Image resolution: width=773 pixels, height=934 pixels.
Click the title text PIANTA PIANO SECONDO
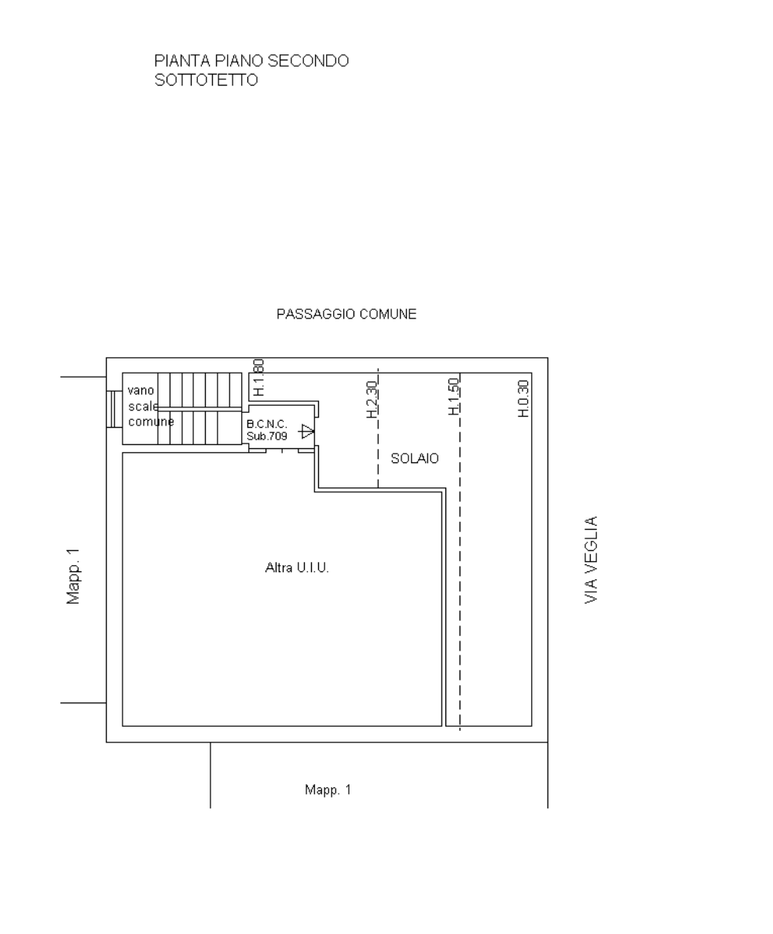251,60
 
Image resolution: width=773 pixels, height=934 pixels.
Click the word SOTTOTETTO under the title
207,80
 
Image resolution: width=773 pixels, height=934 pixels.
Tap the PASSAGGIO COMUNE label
346,314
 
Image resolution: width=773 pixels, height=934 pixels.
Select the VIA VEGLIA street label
591,560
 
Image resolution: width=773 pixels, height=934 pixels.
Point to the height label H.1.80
258,378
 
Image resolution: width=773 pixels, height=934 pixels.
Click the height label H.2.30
372,399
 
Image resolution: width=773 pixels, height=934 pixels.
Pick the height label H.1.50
454,396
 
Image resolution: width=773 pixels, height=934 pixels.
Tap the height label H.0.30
524,399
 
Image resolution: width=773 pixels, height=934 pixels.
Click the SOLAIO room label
415,458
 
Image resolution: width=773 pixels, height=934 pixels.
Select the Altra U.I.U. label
297,567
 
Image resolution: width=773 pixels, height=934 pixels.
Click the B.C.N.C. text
267,425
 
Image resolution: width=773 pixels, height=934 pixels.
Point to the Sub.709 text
267,436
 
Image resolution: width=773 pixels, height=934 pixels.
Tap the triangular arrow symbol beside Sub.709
306,431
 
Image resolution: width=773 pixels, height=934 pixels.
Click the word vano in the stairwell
141,391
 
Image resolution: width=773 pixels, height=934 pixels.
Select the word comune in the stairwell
152,421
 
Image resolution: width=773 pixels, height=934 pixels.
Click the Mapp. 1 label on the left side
73,576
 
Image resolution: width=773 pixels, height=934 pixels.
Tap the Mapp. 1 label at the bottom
328,790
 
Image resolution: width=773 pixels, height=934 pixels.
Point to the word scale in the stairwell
144,407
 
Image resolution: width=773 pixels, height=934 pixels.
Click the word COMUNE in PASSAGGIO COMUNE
388,314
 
